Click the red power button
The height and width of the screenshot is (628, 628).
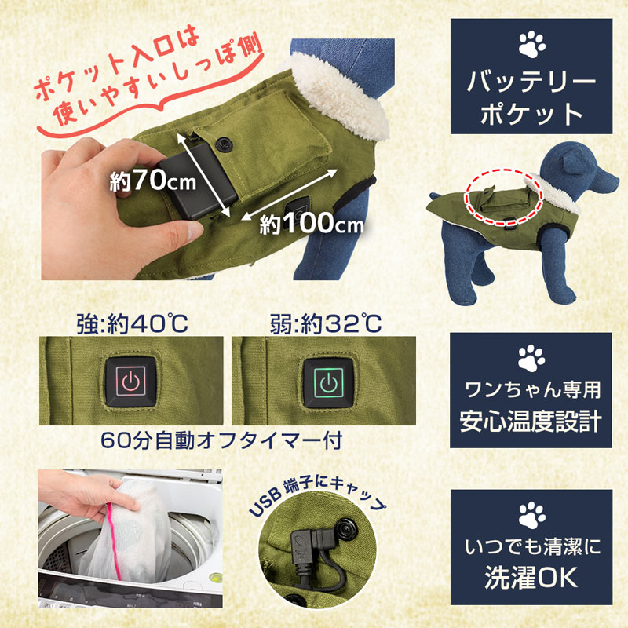pos(130,382)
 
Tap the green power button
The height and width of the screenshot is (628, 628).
pos(328,382)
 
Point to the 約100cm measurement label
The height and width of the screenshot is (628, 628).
pos(312,224)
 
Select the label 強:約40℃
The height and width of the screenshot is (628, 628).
pos(132,323)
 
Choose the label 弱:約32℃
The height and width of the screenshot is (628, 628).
pos(326,323)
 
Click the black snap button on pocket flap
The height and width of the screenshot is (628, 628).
pos(224,144)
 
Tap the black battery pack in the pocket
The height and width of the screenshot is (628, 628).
pos(197,181)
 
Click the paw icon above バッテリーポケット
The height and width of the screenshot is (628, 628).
pos(531,45)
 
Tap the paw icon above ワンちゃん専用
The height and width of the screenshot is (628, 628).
pos(531,358)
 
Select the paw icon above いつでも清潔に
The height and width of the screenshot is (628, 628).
pos(531,515)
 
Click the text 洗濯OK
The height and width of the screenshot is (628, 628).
pos(531,577)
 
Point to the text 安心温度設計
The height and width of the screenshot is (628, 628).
pos(531,421)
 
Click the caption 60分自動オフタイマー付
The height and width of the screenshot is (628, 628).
pos(221,440)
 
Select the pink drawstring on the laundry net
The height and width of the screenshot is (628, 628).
pos(114,541)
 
